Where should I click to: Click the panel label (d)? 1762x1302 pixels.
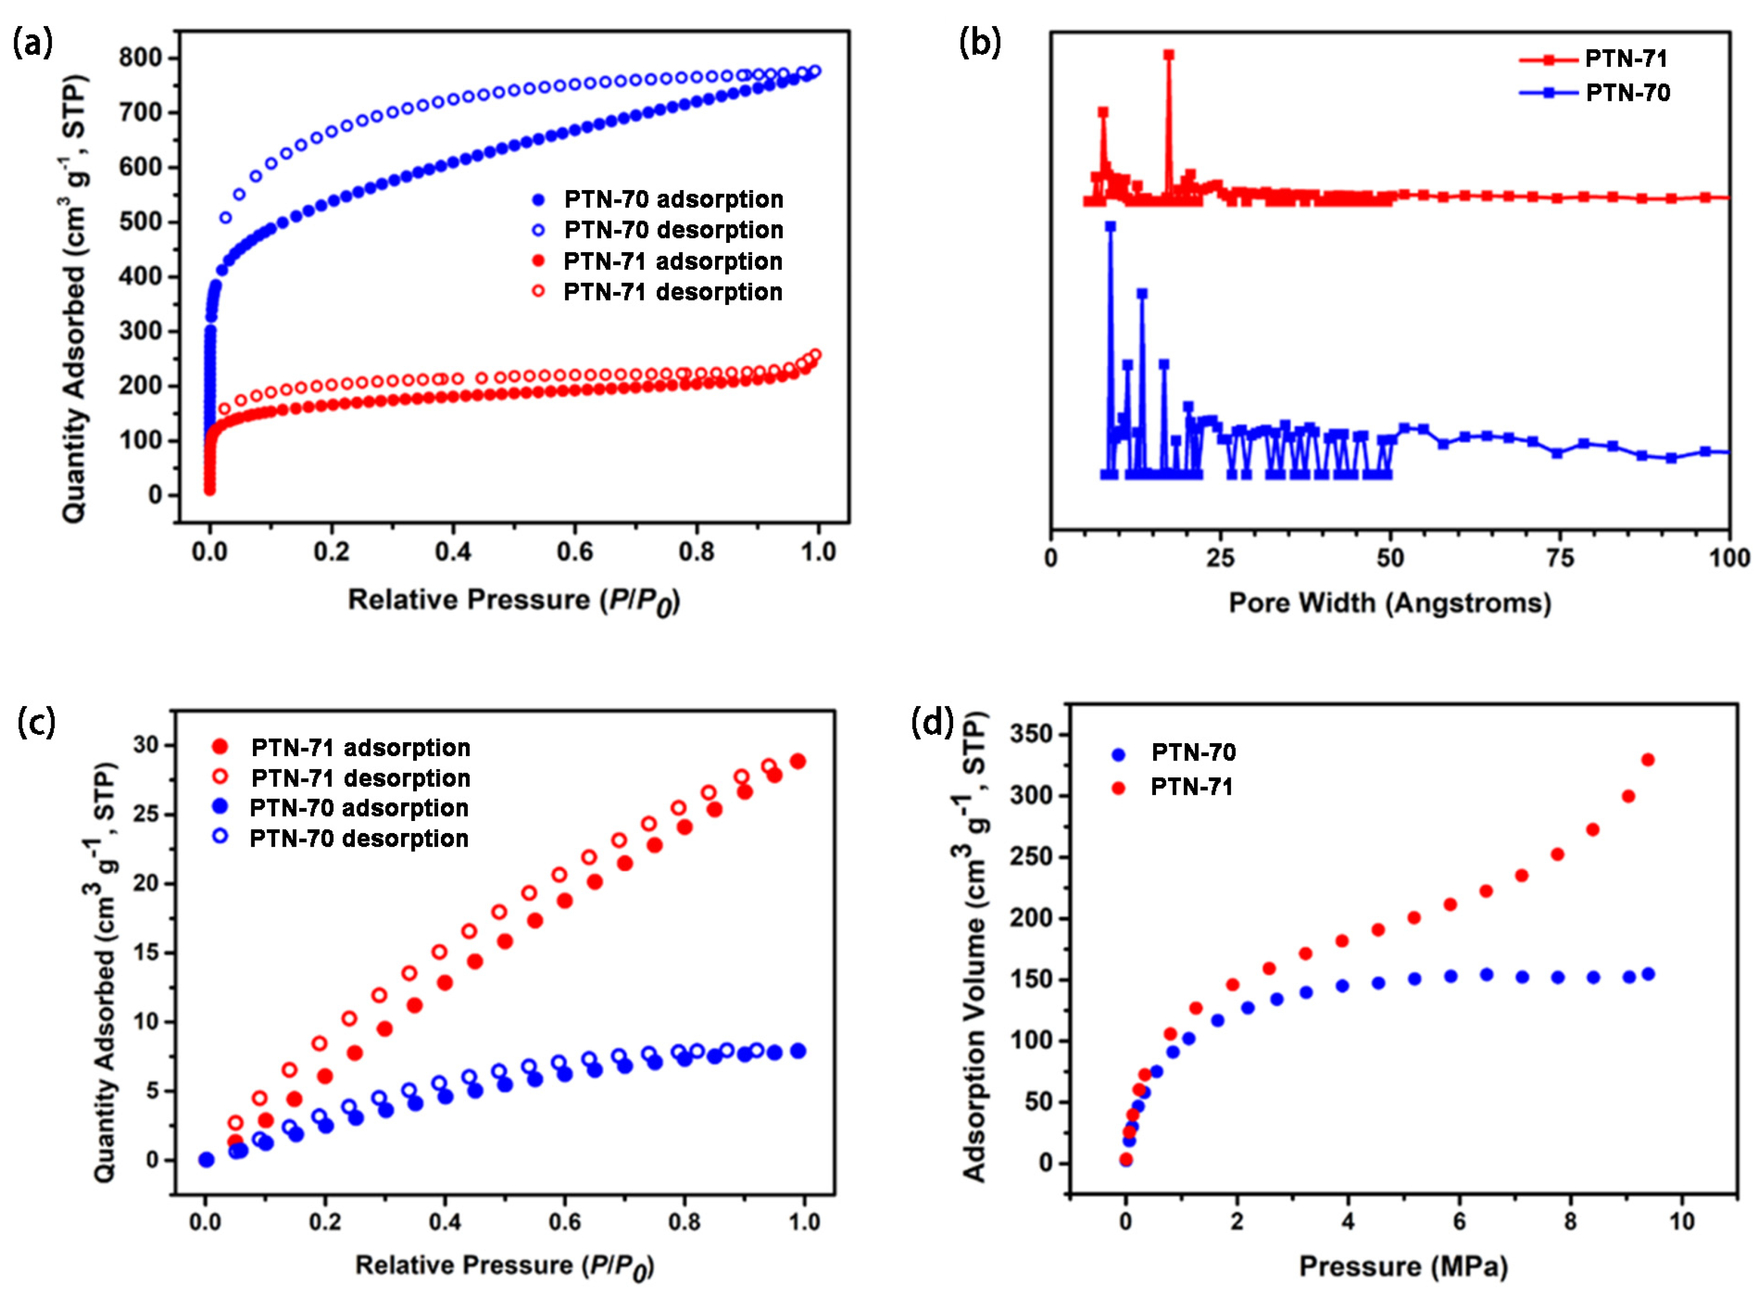click(932, 721)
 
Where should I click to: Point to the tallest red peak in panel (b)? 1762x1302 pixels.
click(1168, 55)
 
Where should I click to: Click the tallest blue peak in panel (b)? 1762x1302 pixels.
click(1110, 226)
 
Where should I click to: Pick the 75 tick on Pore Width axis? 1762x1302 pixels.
click(1559, 558)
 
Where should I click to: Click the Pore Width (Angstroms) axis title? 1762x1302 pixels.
click(1390, 603)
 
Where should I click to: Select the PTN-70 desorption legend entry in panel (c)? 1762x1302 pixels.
click(359, 838)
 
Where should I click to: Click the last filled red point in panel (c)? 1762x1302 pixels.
click(798, 762)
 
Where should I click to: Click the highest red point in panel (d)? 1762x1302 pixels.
click(1647, 760)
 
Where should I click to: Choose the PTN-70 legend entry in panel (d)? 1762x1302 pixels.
click(1193, 753)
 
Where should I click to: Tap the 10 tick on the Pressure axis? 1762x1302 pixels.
click(1681, 1221)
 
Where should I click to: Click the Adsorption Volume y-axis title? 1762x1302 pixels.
click(975, 948)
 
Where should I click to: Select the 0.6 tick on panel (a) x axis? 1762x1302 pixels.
click(575, 552)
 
